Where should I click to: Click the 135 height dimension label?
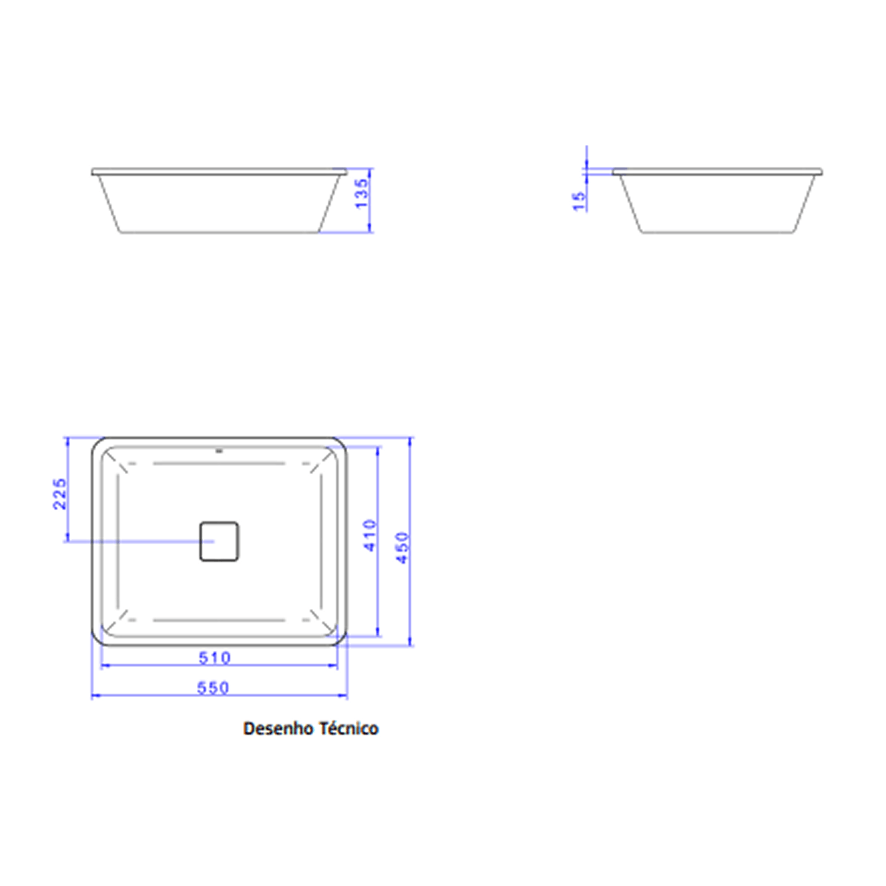coord(363,193)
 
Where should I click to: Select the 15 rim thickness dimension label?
coord(580,202)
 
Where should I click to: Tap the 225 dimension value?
coord(60,494)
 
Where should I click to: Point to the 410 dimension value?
coord(370,535)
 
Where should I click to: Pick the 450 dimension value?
coord(402,548)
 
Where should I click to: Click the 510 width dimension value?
coord(215,658)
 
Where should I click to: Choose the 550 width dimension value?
coord(213,688)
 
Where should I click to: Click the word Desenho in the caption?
coord(278,729)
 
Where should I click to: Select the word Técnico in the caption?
coord(349,729)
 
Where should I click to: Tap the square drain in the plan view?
coord(219,541)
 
